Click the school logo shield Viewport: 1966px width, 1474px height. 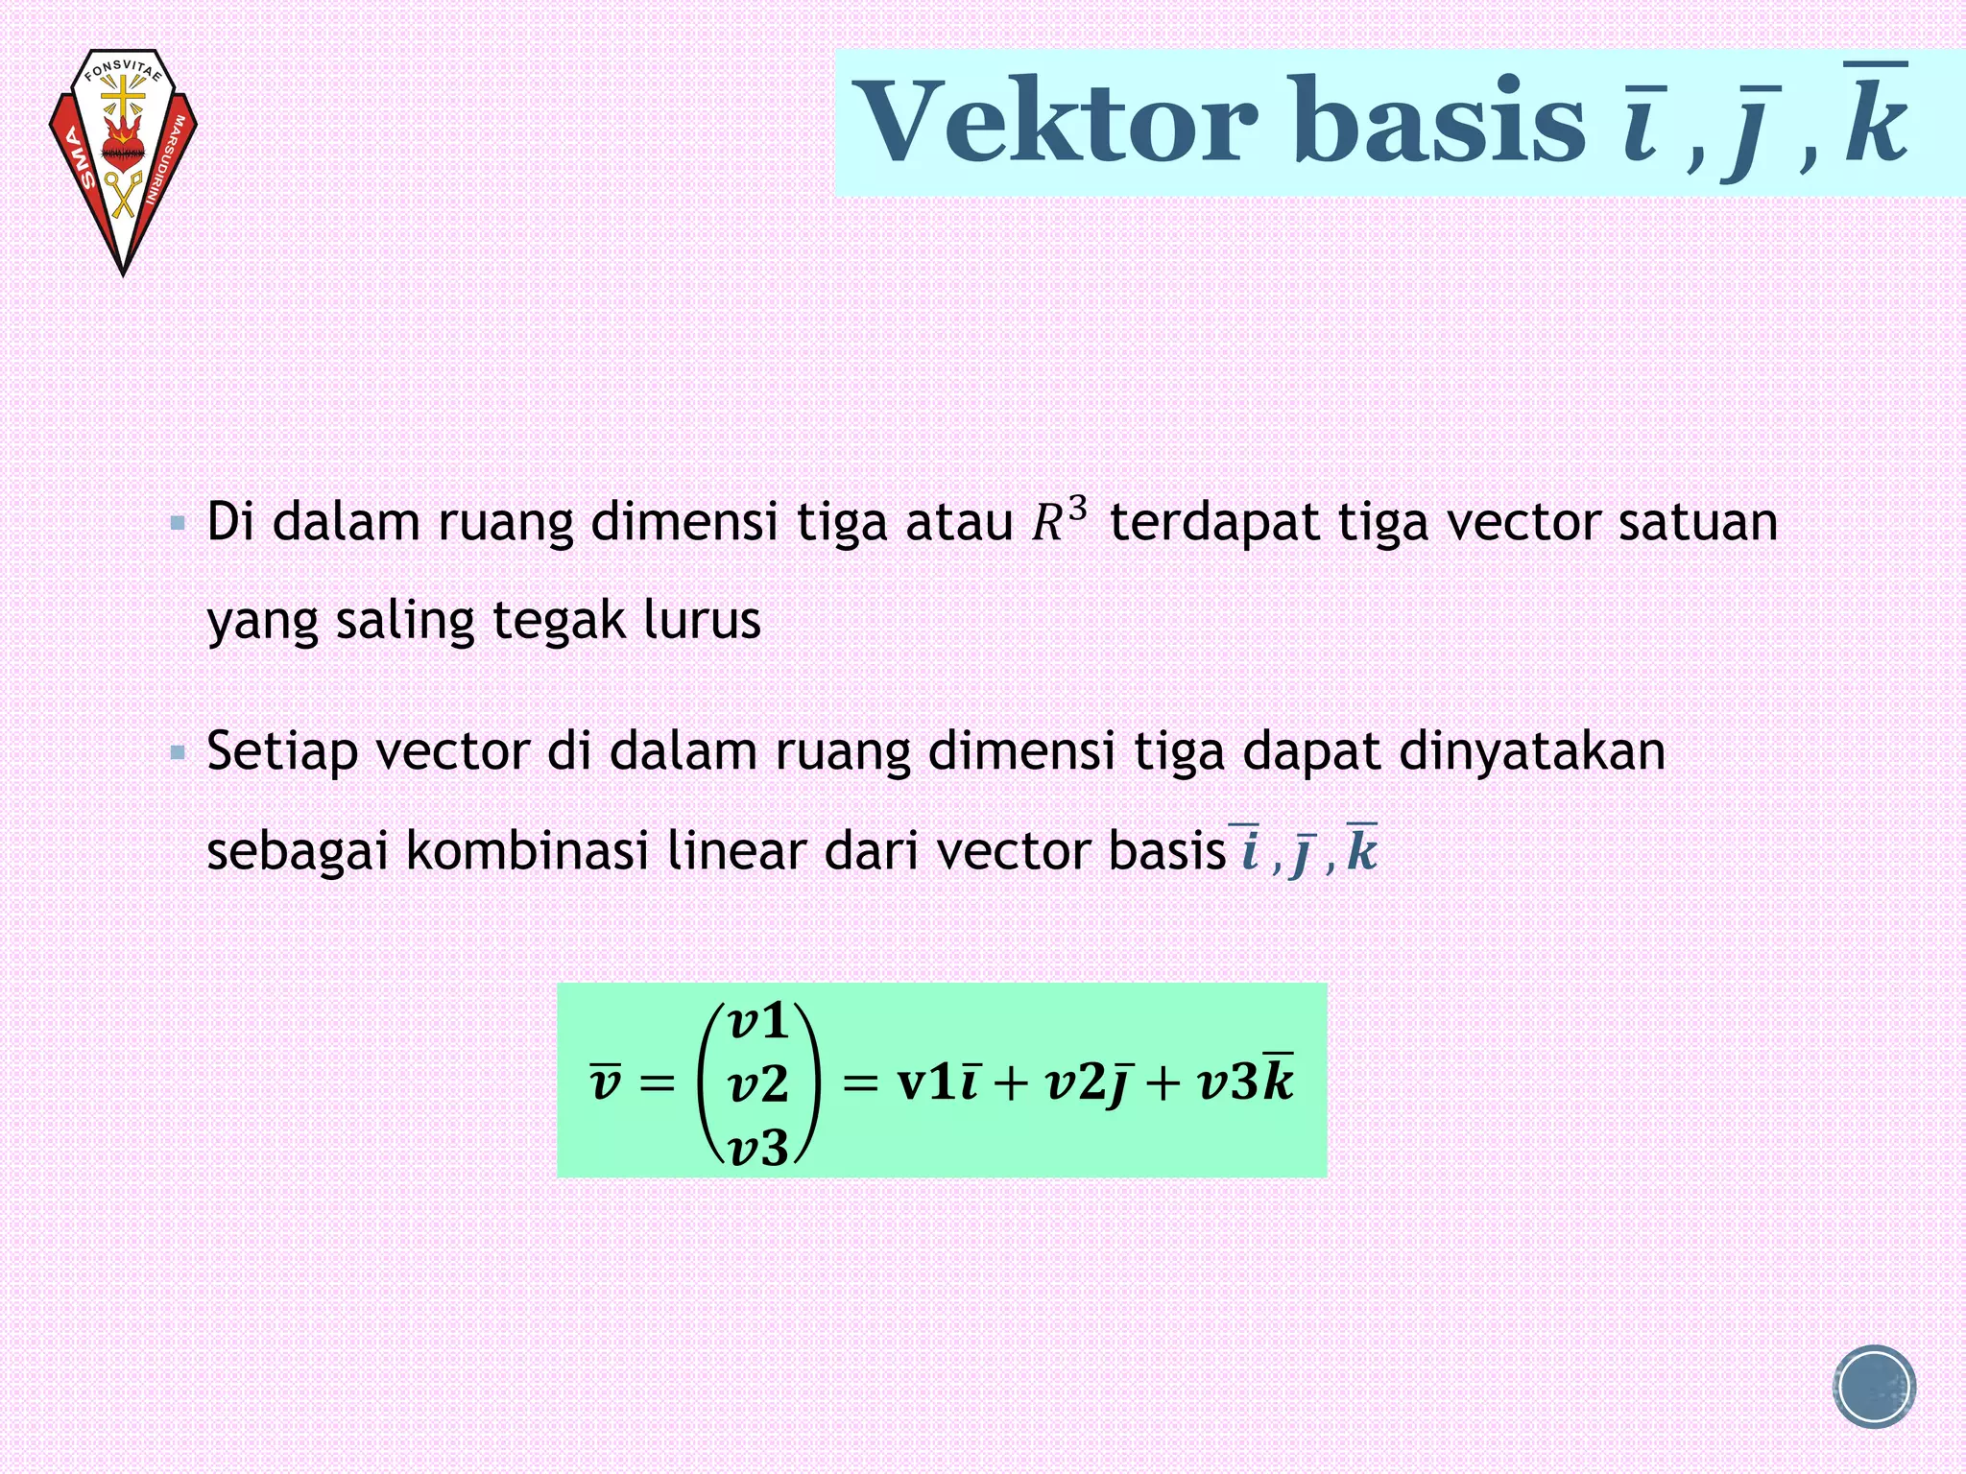[x=123, y=158]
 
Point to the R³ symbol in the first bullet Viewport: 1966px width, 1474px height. [x=1060, y=521]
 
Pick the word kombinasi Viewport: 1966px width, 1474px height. [x=527, y=851]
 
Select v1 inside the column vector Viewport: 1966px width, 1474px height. [x=758, y=1021]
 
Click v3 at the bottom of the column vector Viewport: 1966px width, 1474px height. [x=758, y=1148]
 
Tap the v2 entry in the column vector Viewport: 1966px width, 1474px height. [x=758, y=1084]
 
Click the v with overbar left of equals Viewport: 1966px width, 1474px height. [x=606, y=1082]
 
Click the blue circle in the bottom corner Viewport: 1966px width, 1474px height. [x=1873, y=1387]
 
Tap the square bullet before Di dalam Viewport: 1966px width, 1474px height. [x=178, y=524]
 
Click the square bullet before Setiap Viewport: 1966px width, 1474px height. [x=178, y=753]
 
